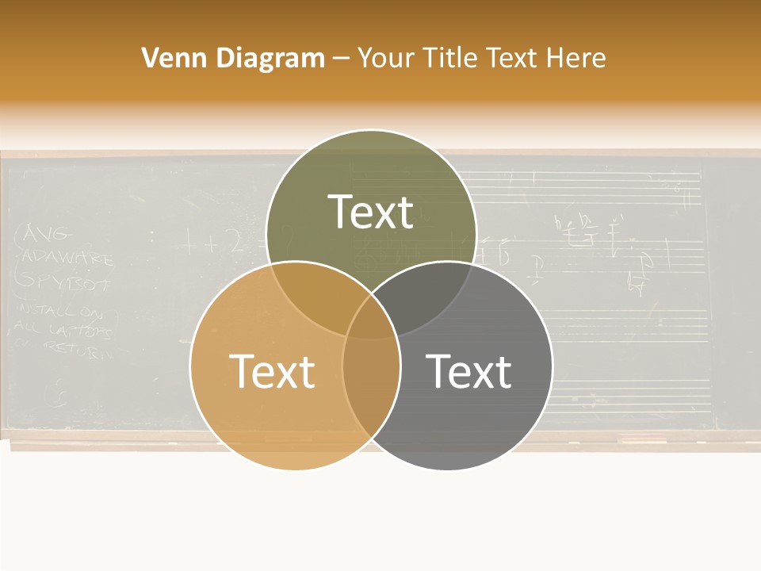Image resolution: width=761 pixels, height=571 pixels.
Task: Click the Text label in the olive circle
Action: pyautogui.click(x=371, y=212)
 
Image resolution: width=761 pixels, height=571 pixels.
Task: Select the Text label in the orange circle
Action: pyautogui.click(x=272, y=371)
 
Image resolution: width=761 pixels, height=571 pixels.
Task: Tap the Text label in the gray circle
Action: pyautogui.click(x=469, y=371)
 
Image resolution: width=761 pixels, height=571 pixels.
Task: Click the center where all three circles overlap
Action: pyautogui.click(x=371, y=321)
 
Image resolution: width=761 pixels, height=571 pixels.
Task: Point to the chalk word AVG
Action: pyautogui.click(x=49, y=234)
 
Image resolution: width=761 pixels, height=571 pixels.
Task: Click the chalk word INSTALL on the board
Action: pyautogui.click(x=41, y=309)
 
